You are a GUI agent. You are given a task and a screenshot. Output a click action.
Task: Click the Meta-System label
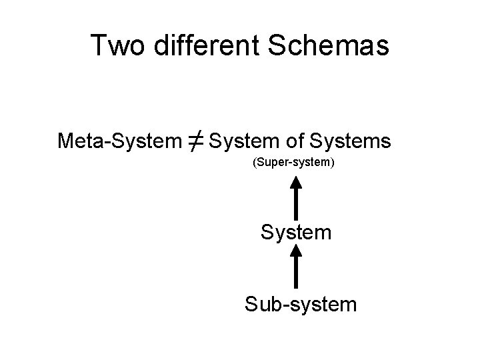pyautogui.click(x=119, y=141)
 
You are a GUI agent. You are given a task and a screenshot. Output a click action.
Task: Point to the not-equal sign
pyautogui.click(x=197, y=141)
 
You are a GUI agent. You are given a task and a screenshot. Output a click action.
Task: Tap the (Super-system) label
pyautogui.click(x=294, y=162)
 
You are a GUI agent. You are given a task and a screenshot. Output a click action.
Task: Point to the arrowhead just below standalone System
pyautogui.click(x=297, y=252)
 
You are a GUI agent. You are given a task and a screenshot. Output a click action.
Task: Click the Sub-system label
pyautogui.click(x=300, y=304)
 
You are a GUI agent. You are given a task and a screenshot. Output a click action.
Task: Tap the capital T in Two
pyautogui.click(x=99, y=46)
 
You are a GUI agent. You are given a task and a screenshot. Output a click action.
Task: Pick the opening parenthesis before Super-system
pyautogui.click(x=255, y=162)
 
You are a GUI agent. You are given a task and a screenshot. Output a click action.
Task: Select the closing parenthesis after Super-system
pyautogui.click(x=333, y=162)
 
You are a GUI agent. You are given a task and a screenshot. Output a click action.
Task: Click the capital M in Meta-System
pyautogui.click(x=66, y=141)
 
